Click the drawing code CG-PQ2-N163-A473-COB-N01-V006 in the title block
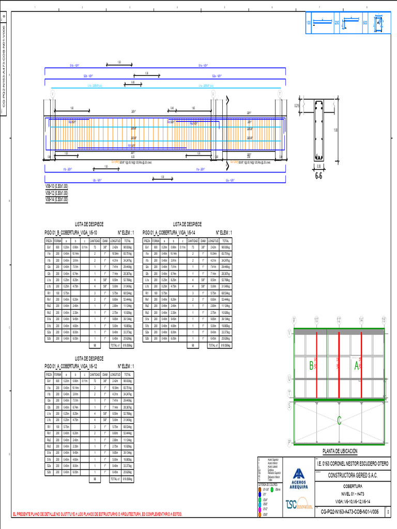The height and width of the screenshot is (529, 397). tap(350, 511)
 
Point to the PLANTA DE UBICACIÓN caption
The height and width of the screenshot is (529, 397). tap(339, 451)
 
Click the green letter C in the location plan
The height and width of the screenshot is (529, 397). tap(339, 421)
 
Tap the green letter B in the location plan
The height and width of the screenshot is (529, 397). tap(311, 366)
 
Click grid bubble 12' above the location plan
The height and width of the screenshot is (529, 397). tap(339, 321)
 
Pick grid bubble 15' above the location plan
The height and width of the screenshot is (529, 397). tap(384, 321)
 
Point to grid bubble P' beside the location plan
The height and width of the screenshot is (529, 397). tap(289, 442)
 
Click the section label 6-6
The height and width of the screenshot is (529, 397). tap(318, 175)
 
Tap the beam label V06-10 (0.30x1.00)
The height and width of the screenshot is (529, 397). tap(56, 186)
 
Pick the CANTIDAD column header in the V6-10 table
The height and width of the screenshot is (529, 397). tap(95, 241)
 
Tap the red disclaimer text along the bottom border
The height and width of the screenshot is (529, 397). tap(97, 514)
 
